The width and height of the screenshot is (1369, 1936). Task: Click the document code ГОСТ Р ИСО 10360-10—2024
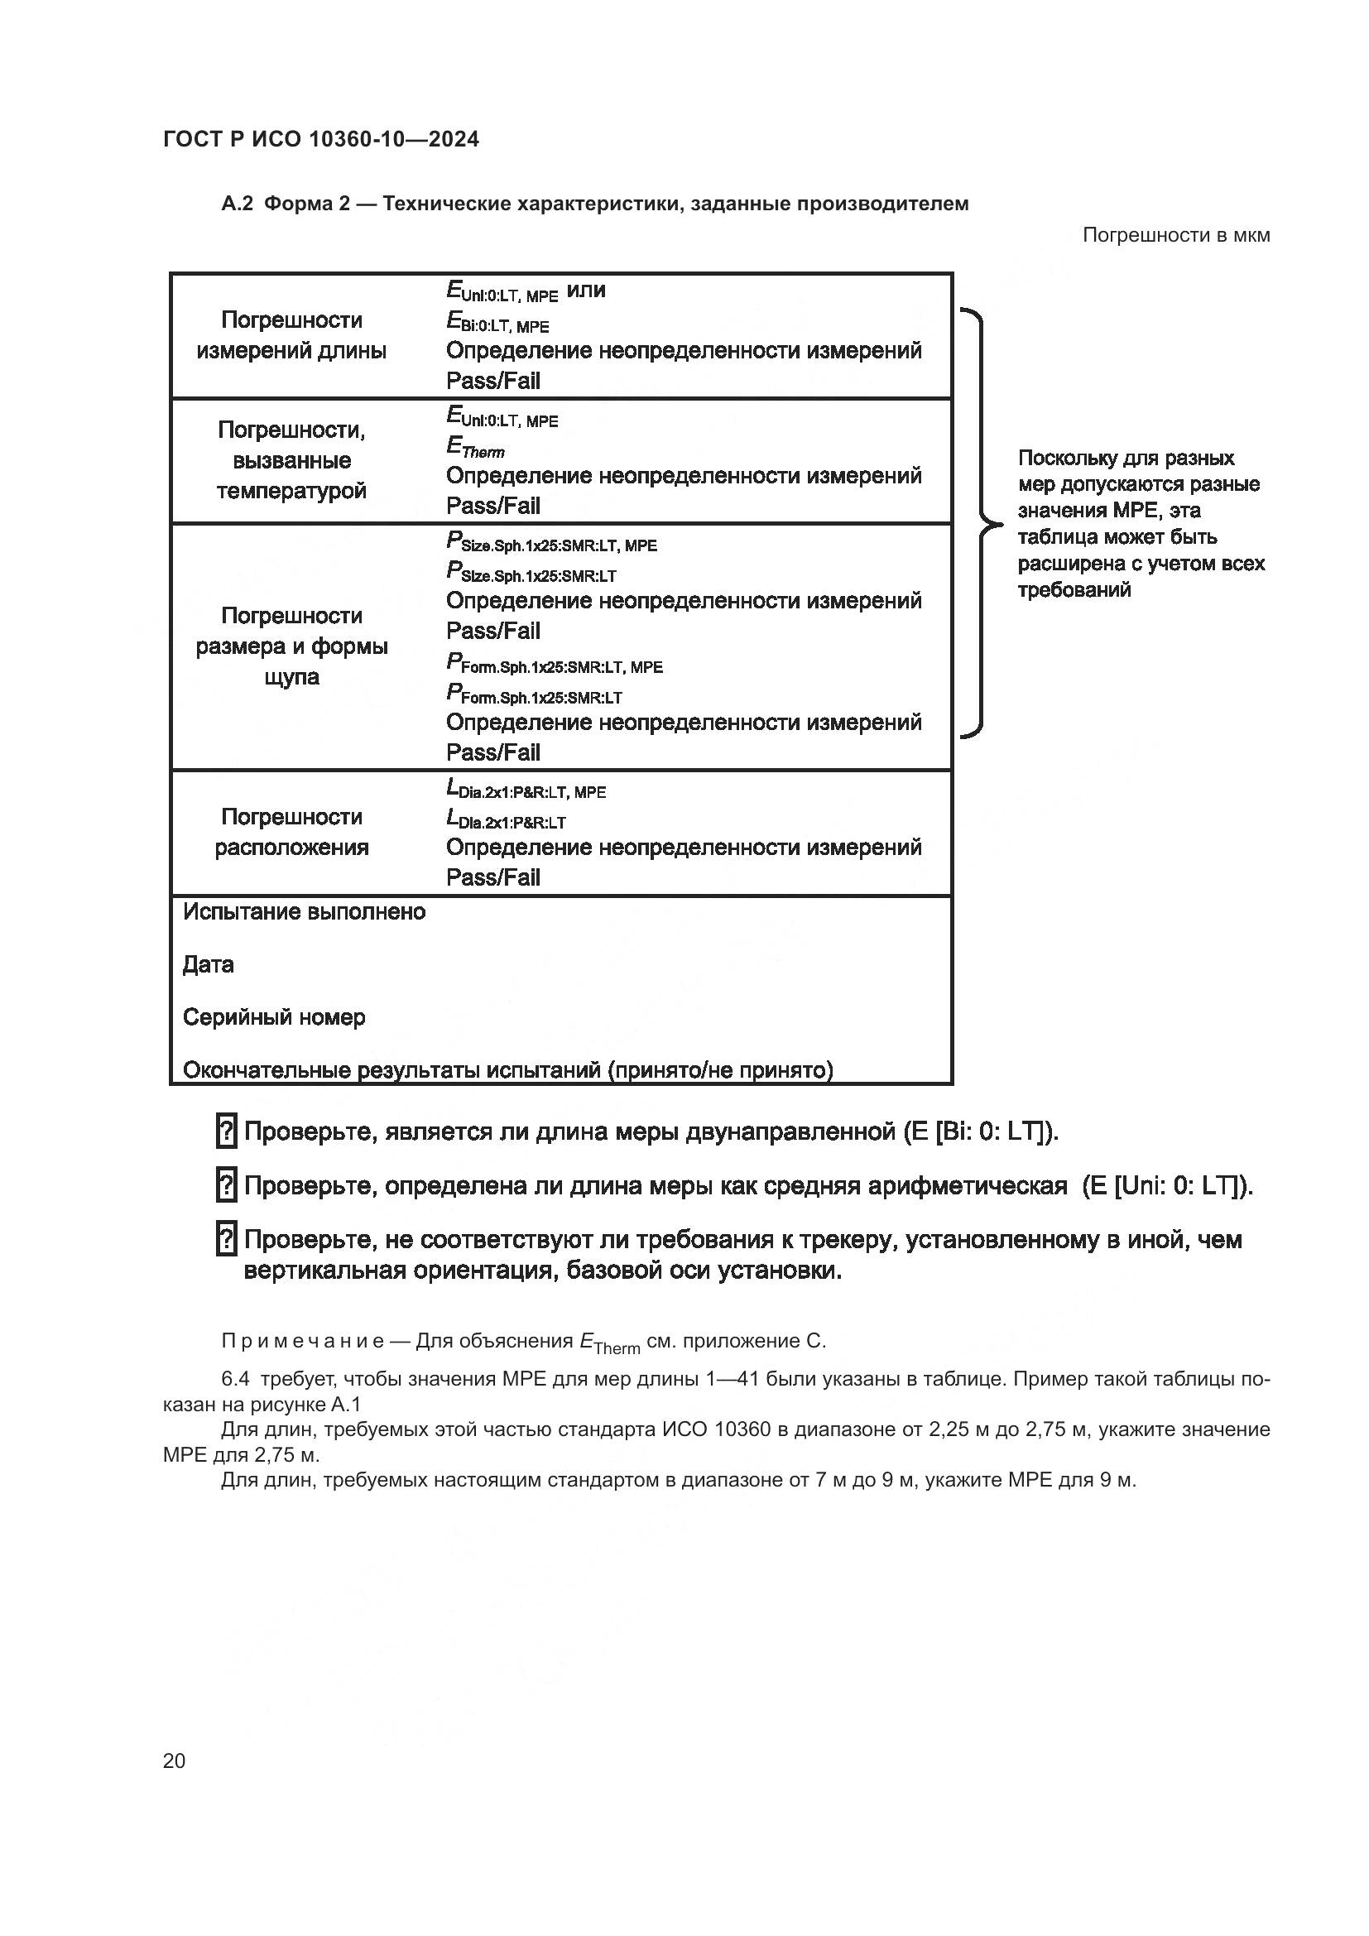[x=320, y=139]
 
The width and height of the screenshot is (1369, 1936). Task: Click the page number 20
[x=174, y=1761]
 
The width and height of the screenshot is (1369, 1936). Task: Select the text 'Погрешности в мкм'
[x=1175, y=235]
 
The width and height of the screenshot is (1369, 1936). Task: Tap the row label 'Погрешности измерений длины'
[x=291, y=334]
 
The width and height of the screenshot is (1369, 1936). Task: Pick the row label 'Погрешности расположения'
[x=291, y=831]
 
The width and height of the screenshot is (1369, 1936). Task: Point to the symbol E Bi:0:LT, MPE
[x=497, y=323]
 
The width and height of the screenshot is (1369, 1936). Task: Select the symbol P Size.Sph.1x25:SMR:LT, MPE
[x=551, y=542]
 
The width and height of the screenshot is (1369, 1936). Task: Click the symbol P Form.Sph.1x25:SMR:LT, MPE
[x=554, y=665]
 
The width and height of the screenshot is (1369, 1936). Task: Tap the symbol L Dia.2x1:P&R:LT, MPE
[x=526, y=790]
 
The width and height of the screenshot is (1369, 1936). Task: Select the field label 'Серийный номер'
[x=274, y=1017]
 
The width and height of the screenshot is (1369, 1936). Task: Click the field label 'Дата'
[x=209, y=964]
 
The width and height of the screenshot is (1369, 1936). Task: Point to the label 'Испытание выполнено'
[x=304, y=911]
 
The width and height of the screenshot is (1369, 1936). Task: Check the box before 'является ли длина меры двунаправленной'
[x=226, y=1131]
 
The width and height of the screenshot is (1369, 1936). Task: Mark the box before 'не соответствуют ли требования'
[x=226, y=1240]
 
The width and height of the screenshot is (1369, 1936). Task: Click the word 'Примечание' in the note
[x=303, y=1341]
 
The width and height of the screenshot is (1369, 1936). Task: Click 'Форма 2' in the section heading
[x=307, y=204]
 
